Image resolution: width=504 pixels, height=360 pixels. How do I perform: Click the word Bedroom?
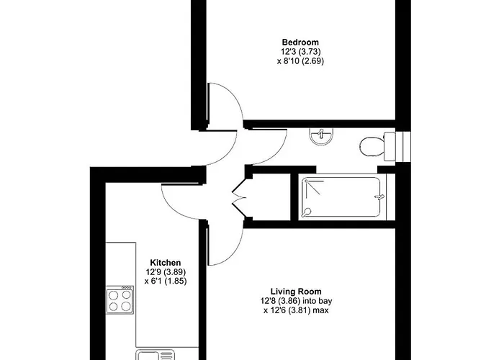pyautogui.click(x=300, y=42)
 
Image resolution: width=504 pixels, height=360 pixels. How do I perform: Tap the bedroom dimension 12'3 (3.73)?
pyautogui.click(x=300, y=52)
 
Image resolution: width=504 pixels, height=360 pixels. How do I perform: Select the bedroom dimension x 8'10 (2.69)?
pyautogui.click(x=300, y=62)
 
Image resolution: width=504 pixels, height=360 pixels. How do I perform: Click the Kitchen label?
pyautogui.click(x=165, y=263)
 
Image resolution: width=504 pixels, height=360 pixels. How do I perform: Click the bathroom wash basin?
pyautogui.click(x=321, y=135)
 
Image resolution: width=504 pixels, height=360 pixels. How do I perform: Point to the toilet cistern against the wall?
pyautogui.click(x=390, y=146)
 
